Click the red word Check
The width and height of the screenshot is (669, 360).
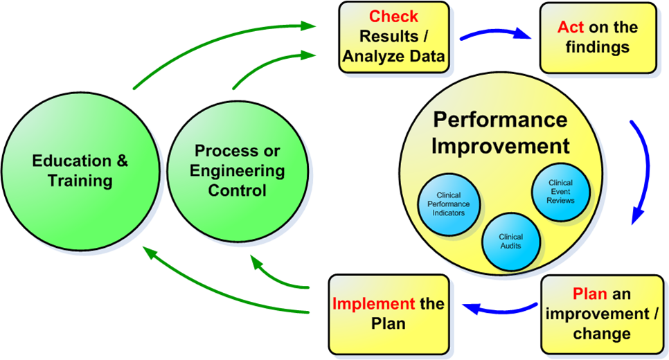point(393,16)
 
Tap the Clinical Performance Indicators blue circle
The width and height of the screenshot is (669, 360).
point(449,204)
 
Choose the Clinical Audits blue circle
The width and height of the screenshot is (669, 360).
point(510,241)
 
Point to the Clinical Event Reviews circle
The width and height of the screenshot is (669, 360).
point(562,190)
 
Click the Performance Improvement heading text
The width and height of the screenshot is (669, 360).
point(500,133)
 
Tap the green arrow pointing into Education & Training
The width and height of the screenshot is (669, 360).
point(208,291)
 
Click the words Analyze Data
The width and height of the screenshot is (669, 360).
point(393,56)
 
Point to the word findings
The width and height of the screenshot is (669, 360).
point(598,47)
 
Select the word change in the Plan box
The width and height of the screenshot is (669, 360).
point(602,334)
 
